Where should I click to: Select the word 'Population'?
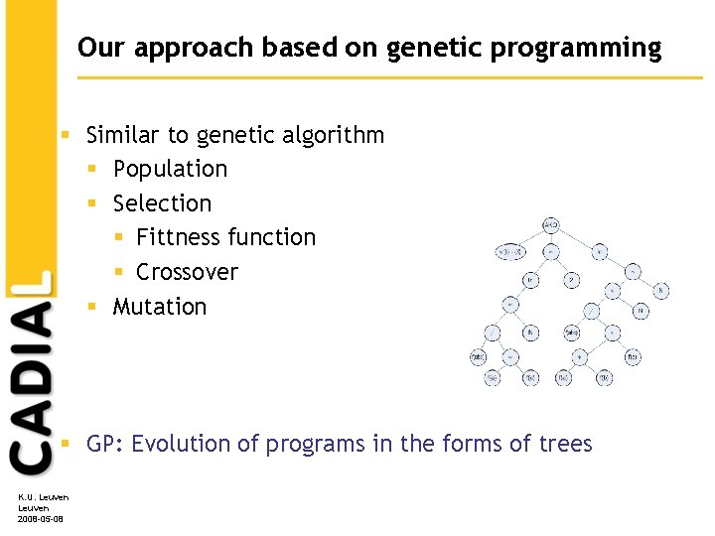coord(170,169)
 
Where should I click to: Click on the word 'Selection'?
coord(162,203)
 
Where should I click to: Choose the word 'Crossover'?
coord(187,272)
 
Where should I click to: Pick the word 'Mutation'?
coord(160,307)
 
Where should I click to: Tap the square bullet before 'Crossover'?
coord(119,272)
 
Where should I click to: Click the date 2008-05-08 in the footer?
coord(40,519)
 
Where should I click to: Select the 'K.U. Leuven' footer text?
coord(40,497)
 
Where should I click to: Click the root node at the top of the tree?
coord(550,226)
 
